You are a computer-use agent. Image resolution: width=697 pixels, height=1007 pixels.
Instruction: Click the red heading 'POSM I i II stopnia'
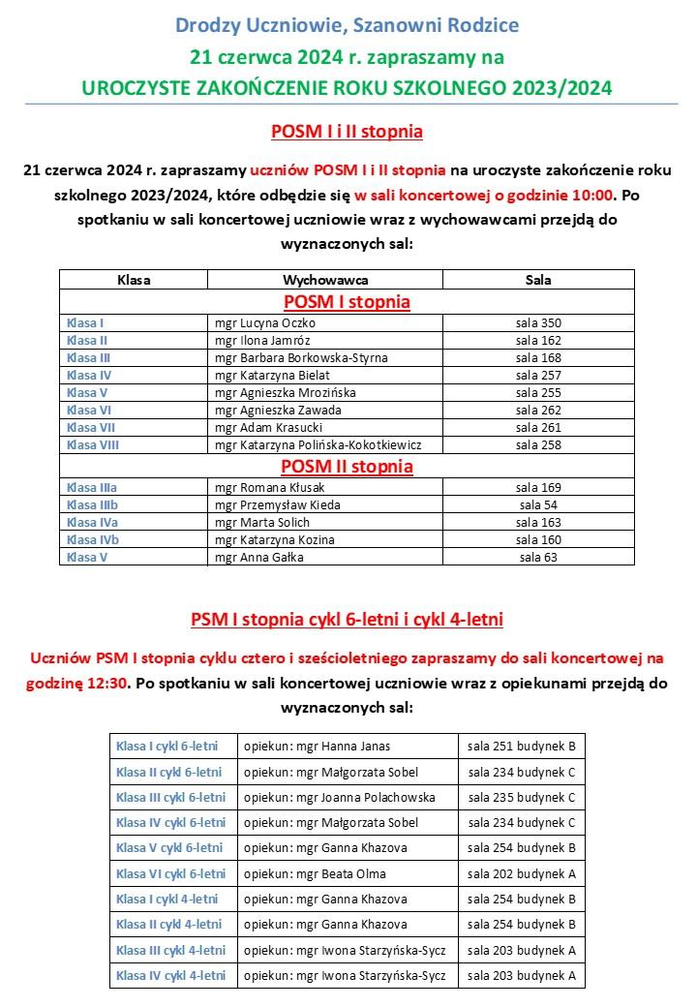coord(348,131)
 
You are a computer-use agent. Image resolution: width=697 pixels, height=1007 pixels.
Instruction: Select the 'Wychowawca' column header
coord(324,280)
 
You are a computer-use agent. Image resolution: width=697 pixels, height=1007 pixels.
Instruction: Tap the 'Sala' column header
coord(538,280)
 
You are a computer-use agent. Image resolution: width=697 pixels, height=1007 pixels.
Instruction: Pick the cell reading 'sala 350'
coord(538,322)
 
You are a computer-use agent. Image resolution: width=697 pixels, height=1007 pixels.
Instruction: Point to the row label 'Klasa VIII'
coord(93,444)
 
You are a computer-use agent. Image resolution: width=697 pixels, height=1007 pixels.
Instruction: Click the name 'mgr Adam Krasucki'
coord(268,427)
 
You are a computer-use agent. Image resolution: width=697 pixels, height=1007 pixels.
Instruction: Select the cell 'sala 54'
coord(538,504)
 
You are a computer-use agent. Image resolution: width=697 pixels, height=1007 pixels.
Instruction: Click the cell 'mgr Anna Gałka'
coord(258,557)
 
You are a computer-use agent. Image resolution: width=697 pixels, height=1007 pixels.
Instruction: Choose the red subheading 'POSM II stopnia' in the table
coord(347,467)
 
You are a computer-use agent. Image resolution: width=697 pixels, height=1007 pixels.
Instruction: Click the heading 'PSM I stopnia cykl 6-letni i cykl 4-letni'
coord(347,618)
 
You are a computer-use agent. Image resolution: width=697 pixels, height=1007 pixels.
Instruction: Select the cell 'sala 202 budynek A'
coord(522,873)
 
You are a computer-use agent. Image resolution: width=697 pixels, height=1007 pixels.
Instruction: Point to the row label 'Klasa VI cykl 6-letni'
coord(170,873)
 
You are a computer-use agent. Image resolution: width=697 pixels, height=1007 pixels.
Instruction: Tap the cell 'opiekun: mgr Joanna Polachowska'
coord(339,798)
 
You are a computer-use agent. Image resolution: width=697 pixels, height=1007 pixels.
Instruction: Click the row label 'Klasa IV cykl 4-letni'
coord(170,975)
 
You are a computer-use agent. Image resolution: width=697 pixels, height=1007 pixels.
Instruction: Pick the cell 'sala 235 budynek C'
coord(522,798)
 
